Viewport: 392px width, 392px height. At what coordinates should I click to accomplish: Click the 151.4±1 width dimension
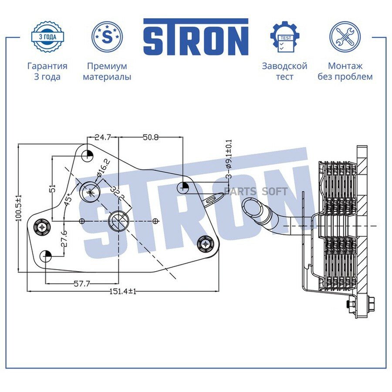[x=123, y=291]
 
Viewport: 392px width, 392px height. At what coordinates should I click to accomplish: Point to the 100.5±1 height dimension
[x=19, y=208]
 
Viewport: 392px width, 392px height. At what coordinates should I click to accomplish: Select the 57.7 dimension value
[x=82, y=284]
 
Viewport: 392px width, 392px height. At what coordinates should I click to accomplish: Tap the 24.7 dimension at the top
[x=103, y=137]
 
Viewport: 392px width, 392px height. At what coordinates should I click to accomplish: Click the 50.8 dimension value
[x=151, y=137]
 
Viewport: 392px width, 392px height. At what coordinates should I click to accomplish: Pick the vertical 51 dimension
[x=53, y=188]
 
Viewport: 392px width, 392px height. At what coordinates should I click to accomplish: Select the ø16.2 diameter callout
[x=103, y=169]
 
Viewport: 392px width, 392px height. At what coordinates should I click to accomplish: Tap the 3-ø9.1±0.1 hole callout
[x=229, y=159]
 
